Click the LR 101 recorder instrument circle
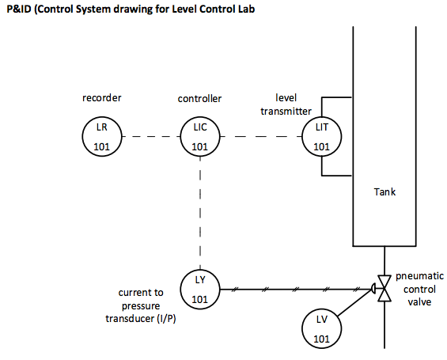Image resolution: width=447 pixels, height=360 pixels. pyautogui.click(x=100, y=136)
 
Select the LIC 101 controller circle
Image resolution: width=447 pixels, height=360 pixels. pyautogui.click(x=200, y=136)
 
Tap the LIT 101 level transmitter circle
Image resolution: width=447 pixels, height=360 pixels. pyautogui.click(x=320, y=136)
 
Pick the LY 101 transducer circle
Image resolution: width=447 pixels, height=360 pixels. pyautogui.click(x=200, y=290)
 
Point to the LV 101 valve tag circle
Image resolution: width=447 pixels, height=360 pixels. pyautogui.click(x=320, y=329)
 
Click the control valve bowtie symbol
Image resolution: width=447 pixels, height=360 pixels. pyautogui.click(x=384, y=290)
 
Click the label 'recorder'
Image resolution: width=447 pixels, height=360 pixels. pyautogui.click(x=100, y=99)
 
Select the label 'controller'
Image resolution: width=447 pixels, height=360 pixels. pyautogui.click(x=200, y=99)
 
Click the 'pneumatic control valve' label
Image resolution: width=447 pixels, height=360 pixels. pyautogui.click(x=419, y=289)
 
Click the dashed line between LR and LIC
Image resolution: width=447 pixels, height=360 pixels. pyautogui.click(x=150, y=136)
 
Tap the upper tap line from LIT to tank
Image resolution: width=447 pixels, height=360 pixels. pyautogui.click(x=336, y=98)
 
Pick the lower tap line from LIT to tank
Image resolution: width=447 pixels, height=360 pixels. pyautogui.click(x=336, y=175)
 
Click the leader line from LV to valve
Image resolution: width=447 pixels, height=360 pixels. pyautogui.click(x=355, y=309)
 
